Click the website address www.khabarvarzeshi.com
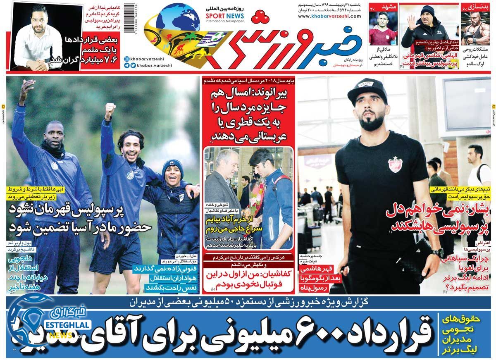[329, 17]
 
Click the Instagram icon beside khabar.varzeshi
[126, 59]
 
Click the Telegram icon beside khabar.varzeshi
[126, 65]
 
